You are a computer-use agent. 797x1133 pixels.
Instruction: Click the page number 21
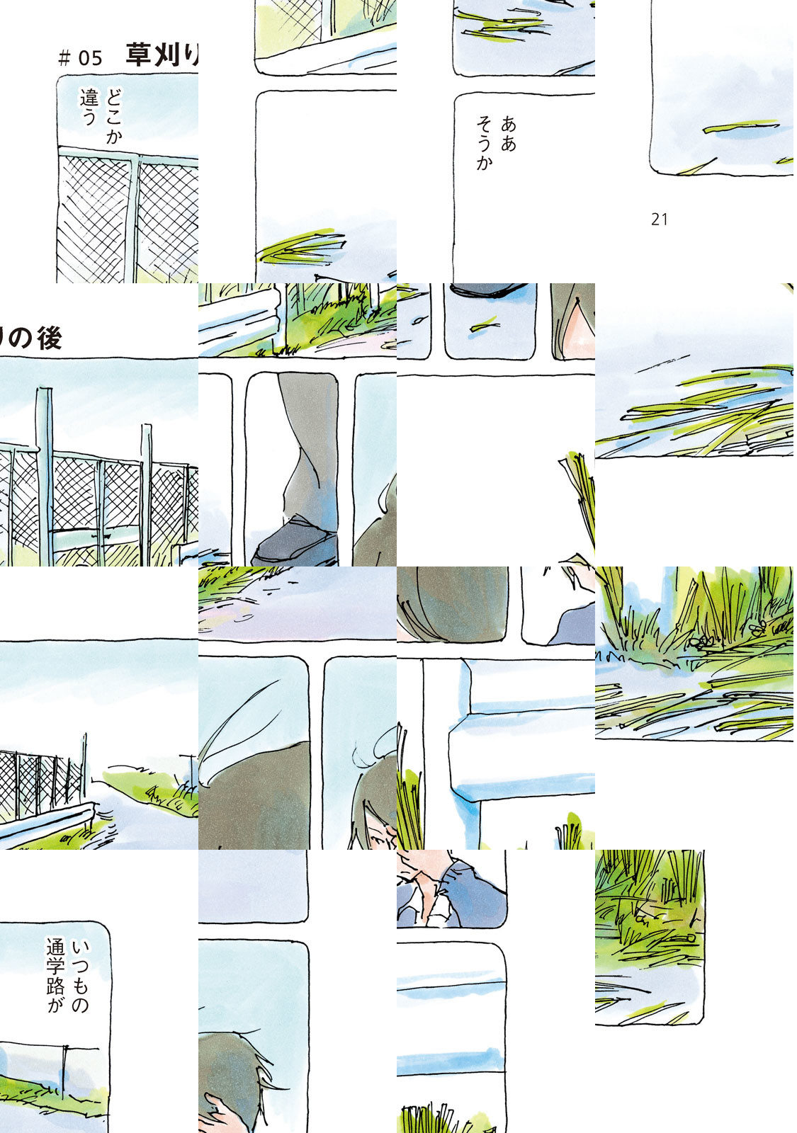(660, 220)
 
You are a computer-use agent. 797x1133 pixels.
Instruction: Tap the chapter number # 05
(81, 58)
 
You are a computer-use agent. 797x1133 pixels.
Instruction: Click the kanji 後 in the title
(49, 338)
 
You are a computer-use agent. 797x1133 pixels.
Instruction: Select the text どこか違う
(101, 116)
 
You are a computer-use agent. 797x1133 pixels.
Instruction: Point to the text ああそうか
(496, 143)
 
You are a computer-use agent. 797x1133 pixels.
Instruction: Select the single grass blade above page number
(741, 127)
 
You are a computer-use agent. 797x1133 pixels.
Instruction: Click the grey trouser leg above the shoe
(309, 445)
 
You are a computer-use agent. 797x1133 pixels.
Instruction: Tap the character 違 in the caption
(89, 98)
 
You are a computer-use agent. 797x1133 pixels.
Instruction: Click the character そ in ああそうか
(485, 125)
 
